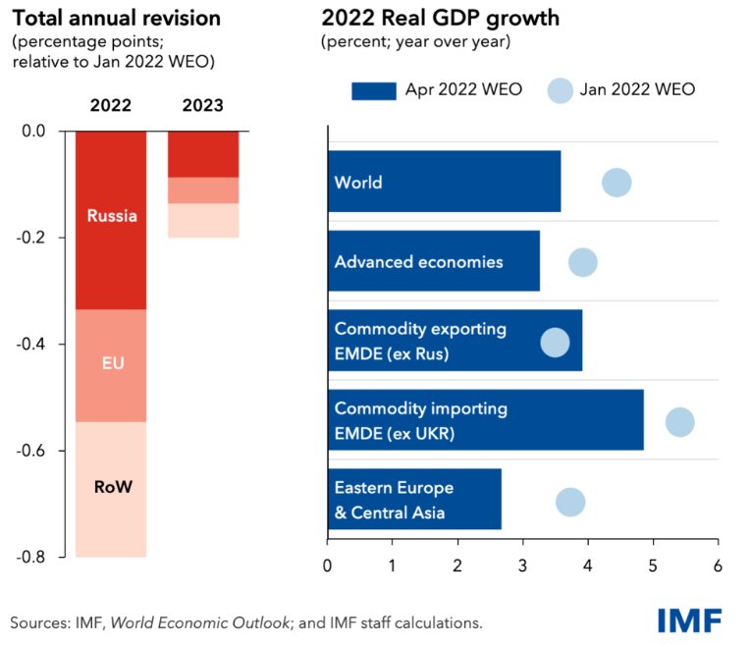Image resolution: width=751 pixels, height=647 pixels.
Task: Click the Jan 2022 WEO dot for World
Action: (x=617, y=183)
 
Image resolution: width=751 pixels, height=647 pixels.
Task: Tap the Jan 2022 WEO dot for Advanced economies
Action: (x=583, y=262)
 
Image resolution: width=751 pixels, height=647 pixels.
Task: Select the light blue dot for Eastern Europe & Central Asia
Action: (x=570, y=503)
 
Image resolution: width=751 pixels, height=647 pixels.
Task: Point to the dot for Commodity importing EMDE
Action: (x=679, y=422)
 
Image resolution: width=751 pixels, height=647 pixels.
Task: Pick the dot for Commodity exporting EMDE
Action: (x=556, y=343)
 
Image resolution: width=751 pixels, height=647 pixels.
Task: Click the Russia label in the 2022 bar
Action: (x=112, y=216)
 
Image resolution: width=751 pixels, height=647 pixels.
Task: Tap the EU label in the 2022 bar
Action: (x=112, y=363)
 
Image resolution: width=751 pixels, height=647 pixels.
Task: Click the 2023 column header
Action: (x=203, y=105)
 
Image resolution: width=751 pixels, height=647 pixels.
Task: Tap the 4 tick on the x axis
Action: (x=588, y=566)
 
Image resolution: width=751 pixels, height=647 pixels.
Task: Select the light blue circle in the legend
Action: (x=558, y=89)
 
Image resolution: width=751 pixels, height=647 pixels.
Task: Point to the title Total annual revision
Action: (x=116, y=18)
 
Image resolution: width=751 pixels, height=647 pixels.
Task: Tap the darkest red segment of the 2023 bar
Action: (x=203, y=154)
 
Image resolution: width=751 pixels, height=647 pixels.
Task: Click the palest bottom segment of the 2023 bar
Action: (x=203, y=220)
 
